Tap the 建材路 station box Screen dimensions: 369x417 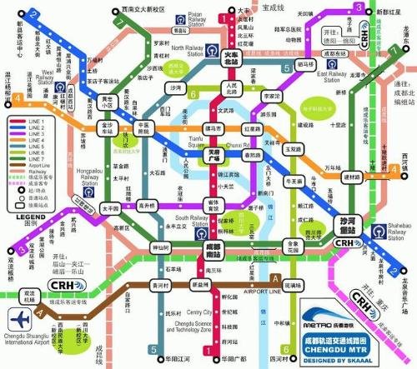click(x=351, y=177)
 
